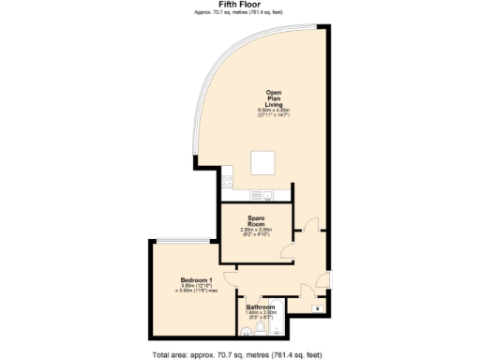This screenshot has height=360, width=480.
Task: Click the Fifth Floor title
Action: coord(239,5)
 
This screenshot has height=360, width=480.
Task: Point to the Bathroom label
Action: coord(261,307)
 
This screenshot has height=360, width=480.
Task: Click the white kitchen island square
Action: coord(262,164)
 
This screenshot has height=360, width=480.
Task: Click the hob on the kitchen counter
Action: coord(269,196)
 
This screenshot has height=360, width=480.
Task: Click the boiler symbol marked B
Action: coord(316,307)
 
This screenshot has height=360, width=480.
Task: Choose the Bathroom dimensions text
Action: coord(261,316)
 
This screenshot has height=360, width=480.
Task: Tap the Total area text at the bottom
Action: coord(242,354)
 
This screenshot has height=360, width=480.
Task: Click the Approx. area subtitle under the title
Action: coord(239,13)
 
